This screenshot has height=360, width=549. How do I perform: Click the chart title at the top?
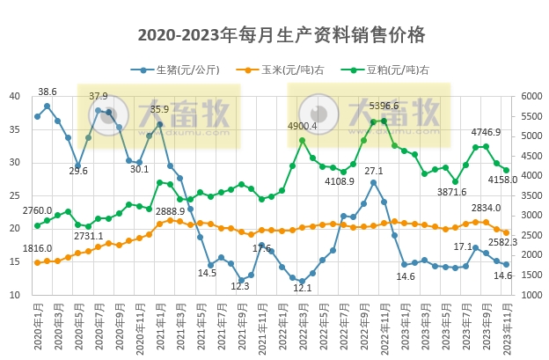282,34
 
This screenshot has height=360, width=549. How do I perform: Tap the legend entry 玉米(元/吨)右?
285,70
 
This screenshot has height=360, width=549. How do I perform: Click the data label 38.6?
48,92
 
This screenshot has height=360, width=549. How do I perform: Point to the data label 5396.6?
384,106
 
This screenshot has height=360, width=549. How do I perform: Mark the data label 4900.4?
302,126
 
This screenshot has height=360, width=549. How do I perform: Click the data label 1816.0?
38,249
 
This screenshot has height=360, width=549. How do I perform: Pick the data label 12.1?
302,288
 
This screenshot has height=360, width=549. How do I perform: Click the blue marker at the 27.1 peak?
374,182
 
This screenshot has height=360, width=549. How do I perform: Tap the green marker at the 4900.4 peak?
302,140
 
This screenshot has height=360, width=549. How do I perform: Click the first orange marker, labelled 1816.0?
37,262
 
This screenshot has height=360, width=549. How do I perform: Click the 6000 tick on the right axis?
532,96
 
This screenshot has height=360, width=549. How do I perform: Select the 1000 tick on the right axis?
532,295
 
